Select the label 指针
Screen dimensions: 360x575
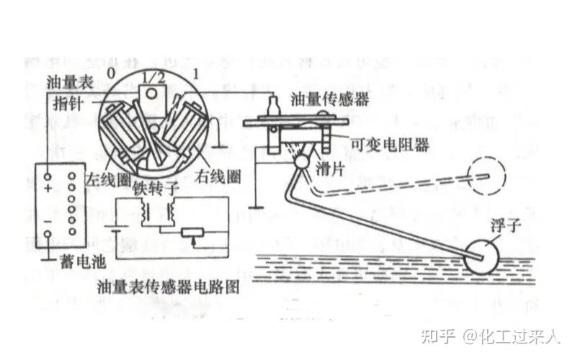point(66,104)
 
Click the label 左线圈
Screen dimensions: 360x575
point(104,176)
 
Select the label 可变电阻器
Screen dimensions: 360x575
point(393,144)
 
